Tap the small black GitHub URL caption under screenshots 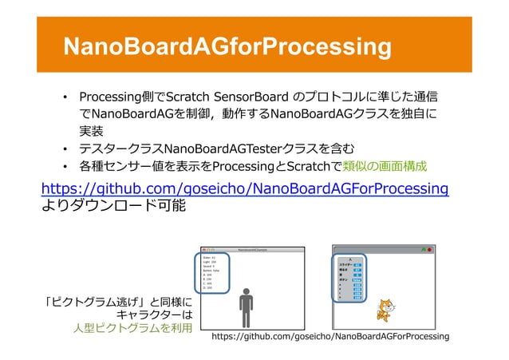[330, 338]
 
